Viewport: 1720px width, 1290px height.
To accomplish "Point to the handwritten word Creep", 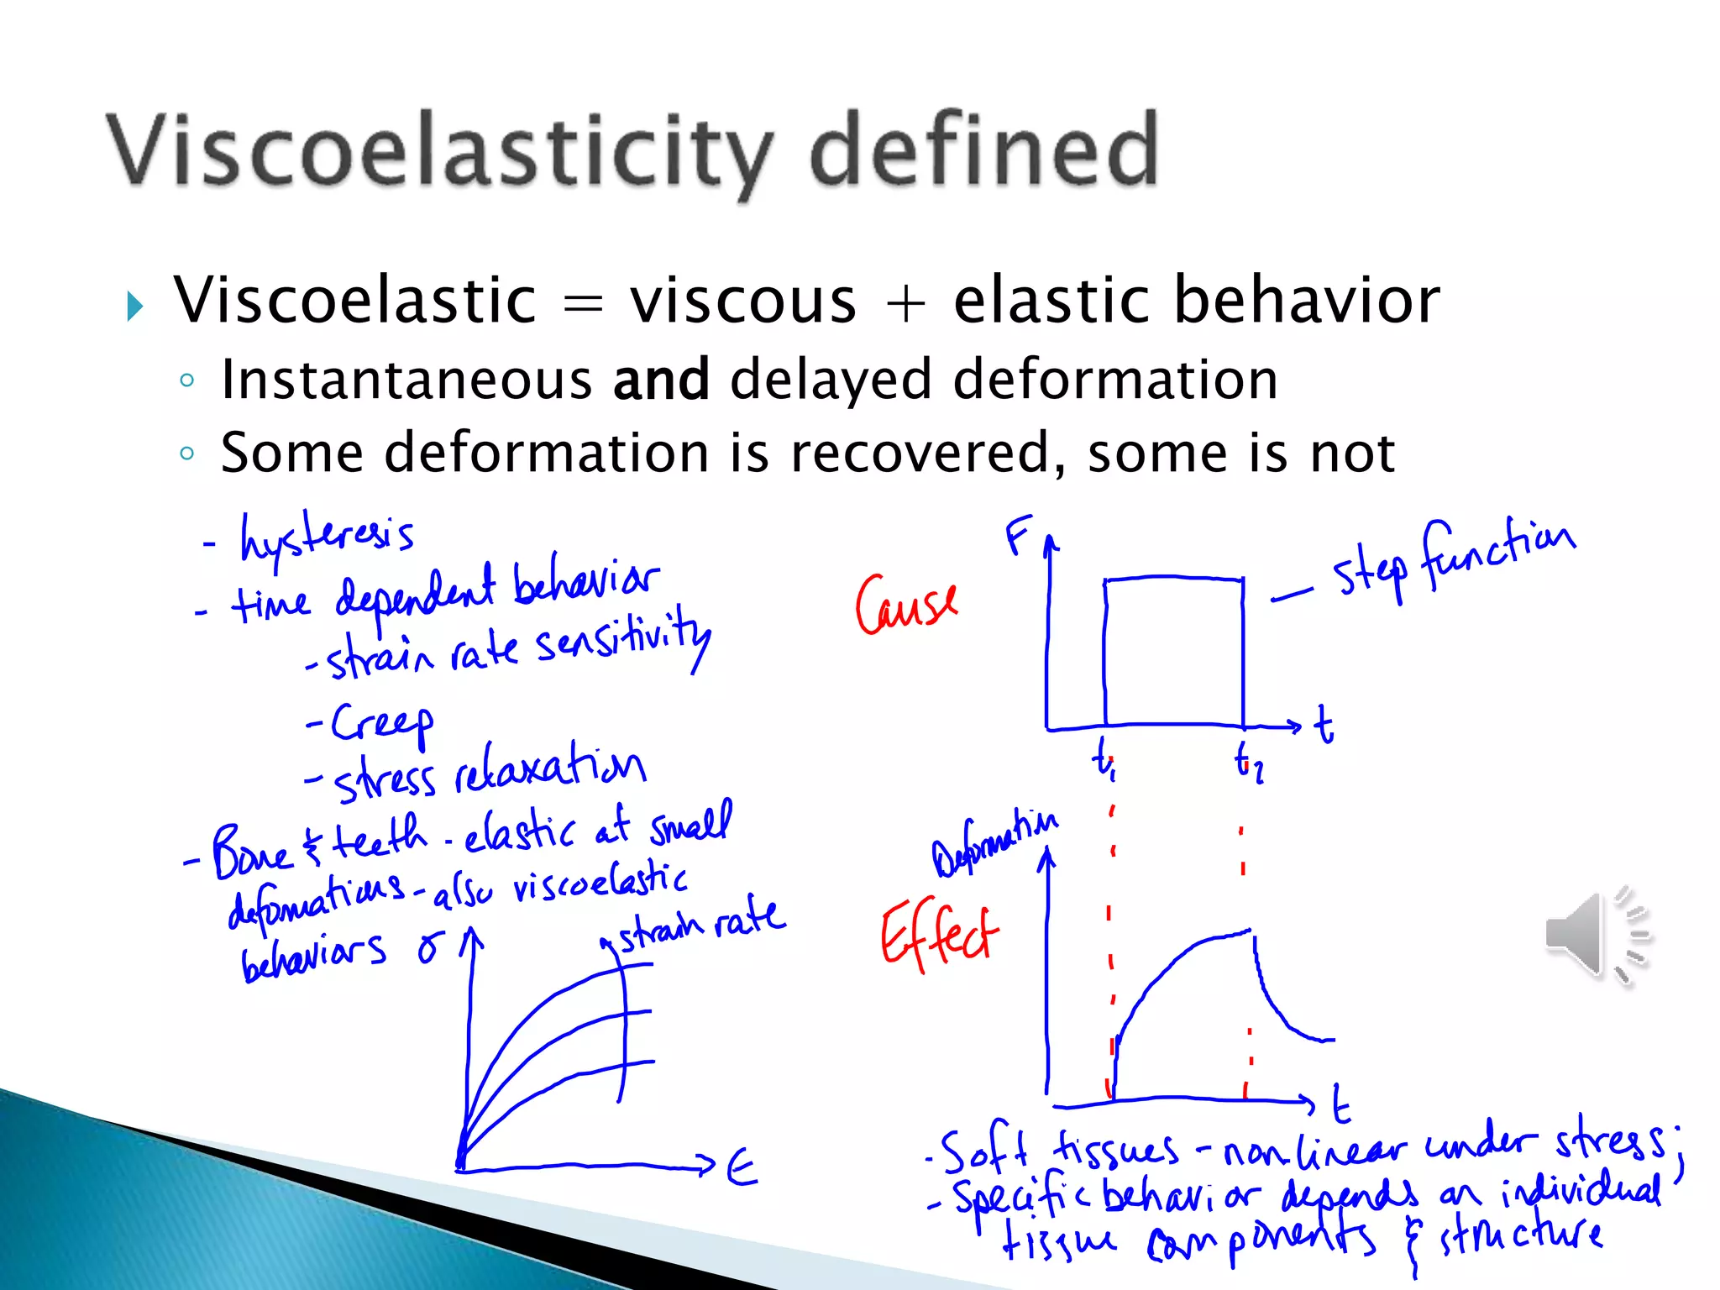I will click(382, 724).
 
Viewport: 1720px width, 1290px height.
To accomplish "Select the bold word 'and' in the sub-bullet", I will click(661, 380).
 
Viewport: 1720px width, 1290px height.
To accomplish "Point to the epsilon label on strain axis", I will click(741, 1167).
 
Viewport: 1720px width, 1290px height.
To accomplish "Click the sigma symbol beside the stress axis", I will click(429, 949).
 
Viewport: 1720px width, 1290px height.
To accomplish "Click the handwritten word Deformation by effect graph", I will click(994, 843).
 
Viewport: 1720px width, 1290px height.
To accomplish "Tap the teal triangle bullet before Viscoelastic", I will click(134, 306).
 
